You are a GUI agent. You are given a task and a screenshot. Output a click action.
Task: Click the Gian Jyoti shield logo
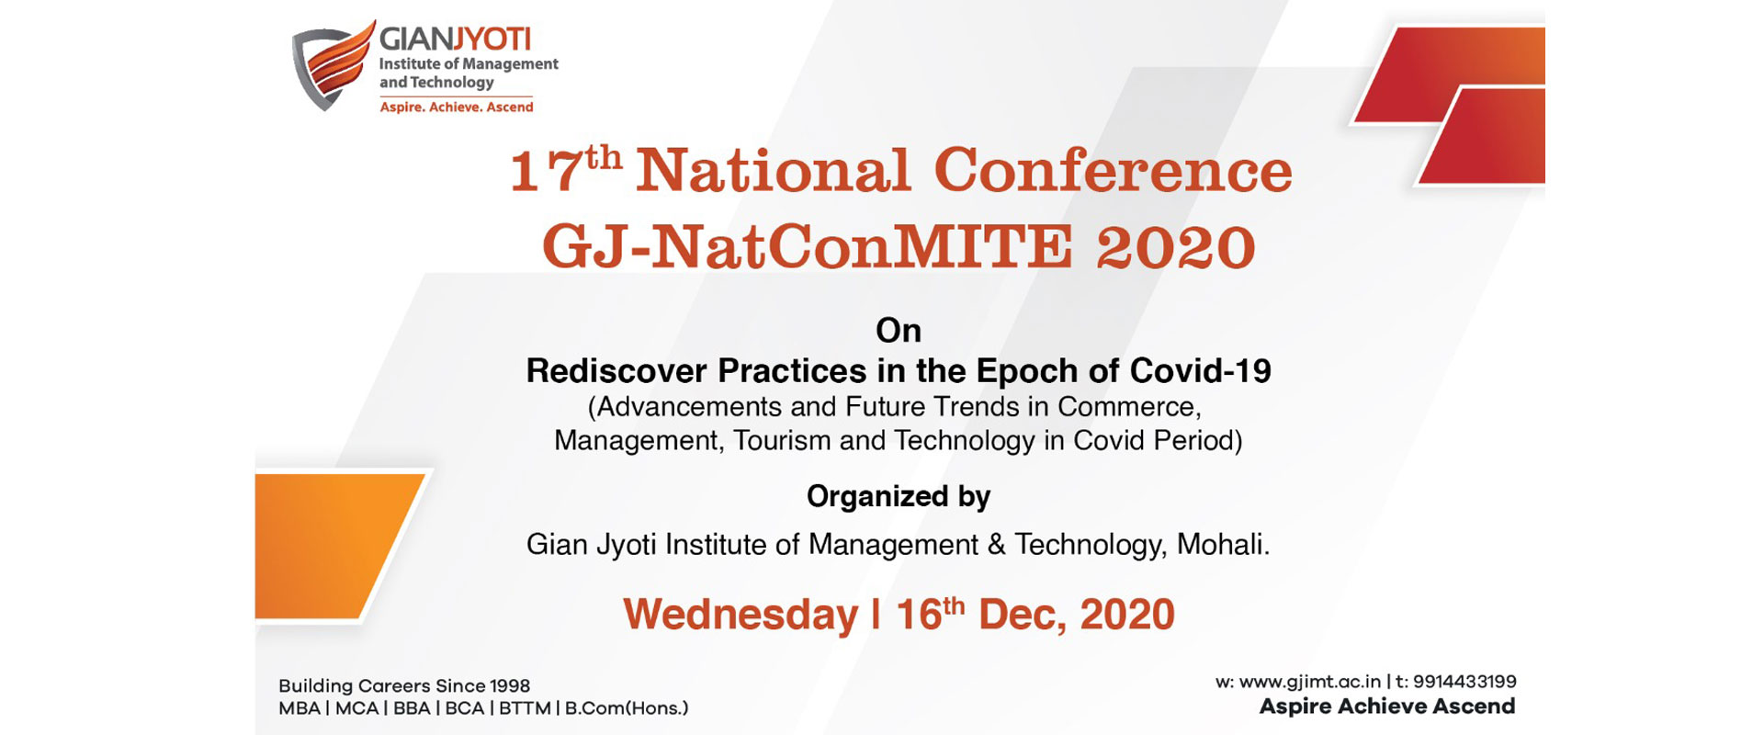point(334,65)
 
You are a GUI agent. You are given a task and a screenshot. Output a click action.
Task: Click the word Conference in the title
point(1113,171)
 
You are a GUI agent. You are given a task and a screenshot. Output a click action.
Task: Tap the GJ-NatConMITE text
point(807,247)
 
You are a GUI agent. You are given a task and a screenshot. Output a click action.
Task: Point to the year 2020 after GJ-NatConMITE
point(1176,247)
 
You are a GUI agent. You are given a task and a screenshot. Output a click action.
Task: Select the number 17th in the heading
point(566,168)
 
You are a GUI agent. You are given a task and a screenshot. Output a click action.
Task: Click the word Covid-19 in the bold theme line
point(1201,370)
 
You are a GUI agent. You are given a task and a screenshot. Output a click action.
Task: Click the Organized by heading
point(899,497)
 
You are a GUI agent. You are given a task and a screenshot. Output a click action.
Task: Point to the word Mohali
point(1223,545)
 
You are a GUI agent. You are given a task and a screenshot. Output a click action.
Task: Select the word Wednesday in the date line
point(741,615)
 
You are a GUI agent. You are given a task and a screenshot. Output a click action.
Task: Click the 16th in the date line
point(931,614)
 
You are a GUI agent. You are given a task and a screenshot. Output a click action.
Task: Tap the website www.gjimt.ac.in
point(1310,682)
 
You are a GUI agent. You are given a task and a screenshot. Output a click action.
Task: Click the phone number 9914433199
point(1464,682)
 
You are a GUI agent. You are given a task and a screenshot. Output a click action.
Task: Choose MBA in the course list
point(300,708)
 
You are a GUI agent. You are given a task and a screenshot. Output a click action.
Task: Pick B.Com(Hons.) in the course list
point(627,708)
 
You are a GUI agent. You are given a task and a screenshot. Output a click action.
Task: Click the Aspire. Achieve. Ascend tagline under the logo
point(457,107)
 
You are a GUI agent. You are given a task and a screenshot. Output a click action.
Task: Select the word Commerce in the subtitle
point(1129,407)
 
